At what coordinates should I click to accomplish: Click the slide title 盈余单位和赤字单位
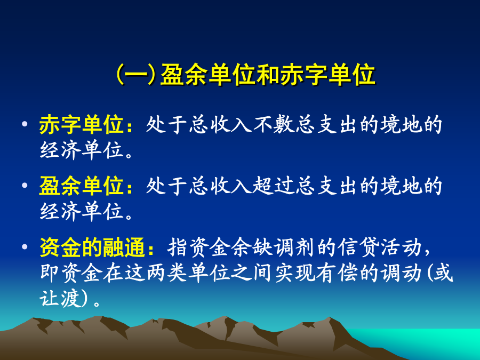[x=268, y=75]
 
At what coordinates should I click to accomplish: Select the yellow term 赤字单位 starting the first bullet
[x=82, y=125]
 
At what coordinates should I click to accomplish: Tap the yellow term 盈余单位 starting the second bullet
[x=82, y=186]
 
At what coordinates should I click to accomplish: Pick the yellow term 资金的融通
[x=92, y=247]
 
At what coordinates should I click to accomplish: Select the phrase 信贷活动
[x=380, y=247]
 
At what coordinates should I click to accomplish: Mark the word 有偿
[x=338, y=273]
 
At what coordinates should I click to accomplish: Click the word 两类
[x=167, y=273]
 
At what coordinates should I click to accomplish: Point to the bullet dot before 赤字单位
[x=25, y=124]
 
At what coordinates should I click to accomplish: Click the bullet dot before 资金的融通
[x=25, y=246]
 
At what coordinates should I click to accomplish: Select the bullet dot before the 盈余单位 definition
[x=25, y=185]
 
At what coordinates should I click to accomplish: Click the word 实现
[x=295, y=273]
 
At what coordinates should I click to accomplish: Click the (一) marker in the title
[x=136, y=75]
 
